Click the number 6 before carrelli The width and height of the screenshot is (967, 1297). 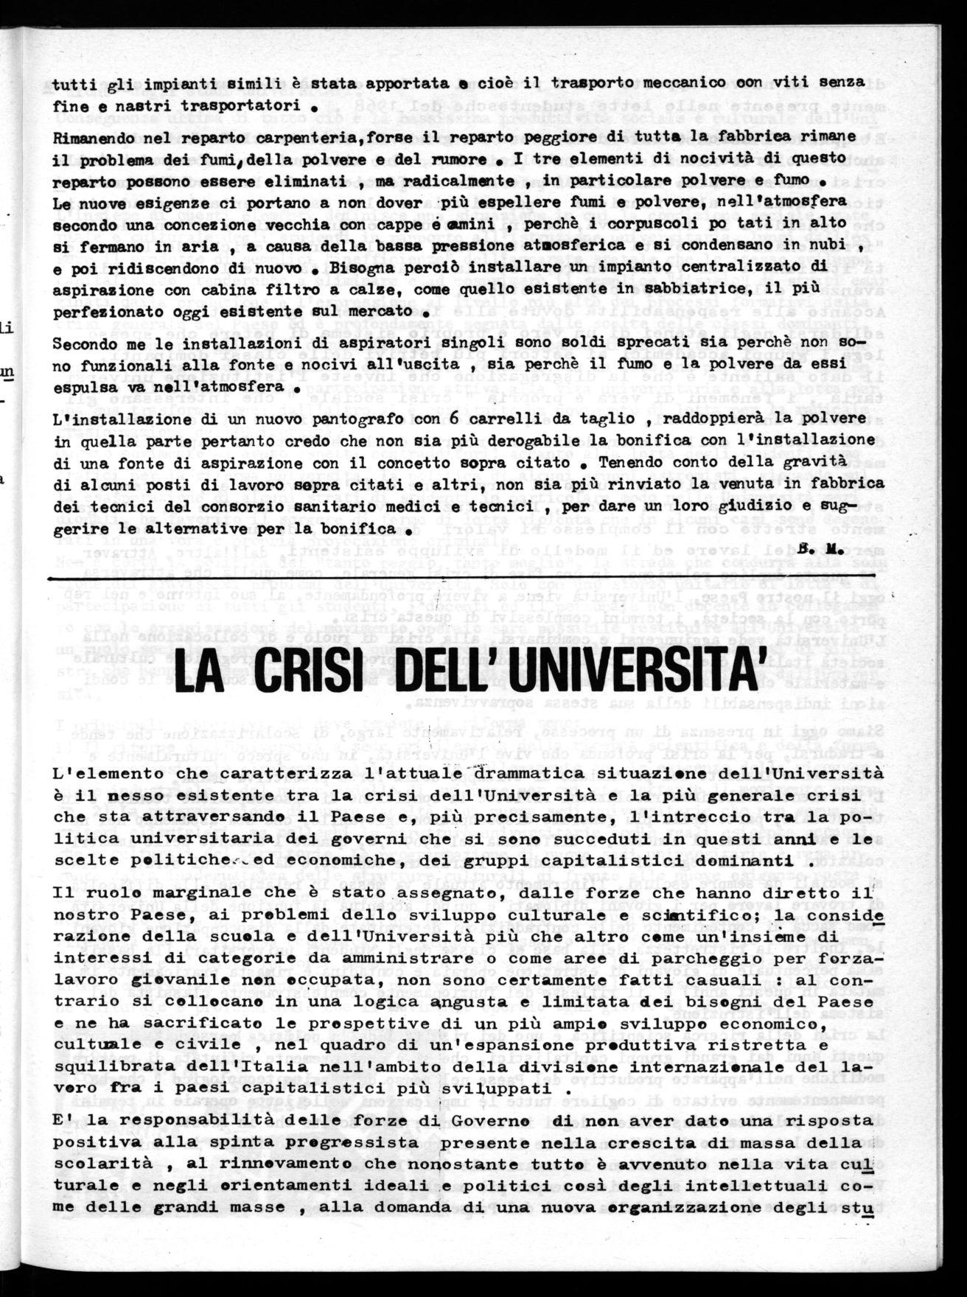[x=451, y=418]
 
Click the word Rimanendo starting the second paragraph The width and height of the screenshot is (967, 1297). [x=91, y=138]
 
